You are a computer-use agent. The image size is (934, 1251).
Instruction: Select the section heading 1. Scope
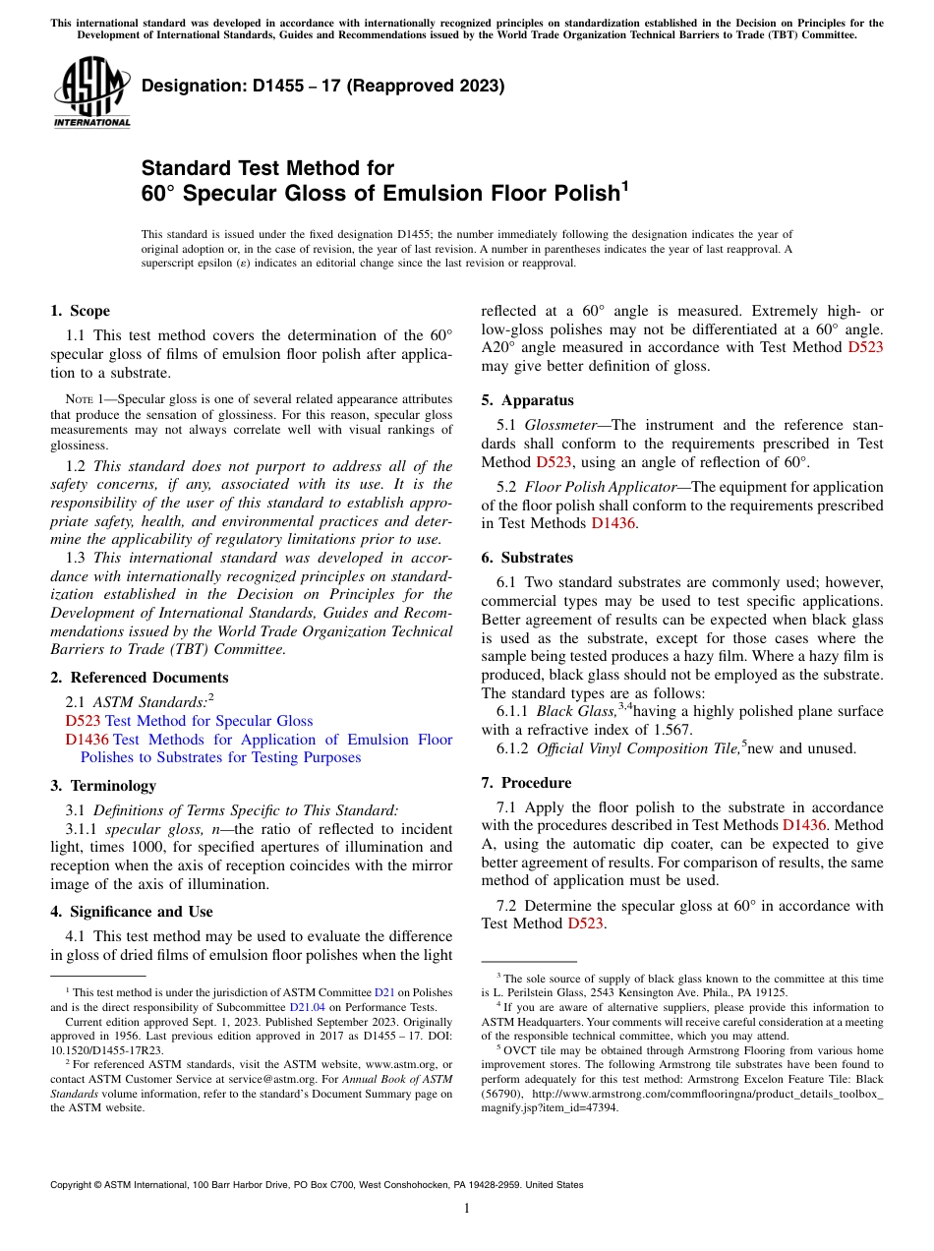click(80, 311)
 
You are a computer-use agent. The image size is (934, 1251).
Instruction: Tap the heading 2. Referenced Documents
click(139, 678)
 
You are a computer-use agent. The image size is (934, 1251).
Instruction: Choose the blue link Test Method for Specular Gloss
click(208, 721)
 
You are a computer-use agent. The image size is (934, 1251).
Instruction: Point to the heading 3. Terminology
click(103, 786)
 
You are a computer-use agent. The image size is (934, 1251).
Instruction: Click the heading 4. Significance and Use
click(131, 912)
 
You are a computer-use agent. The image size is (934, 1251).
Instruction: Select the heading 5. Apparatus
click(527, 400)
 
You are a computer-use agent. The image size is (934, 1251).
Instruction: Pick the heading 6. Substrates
click(527, 558)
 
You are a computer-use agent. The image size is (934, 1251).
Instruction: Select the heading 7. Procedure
click(526, 783)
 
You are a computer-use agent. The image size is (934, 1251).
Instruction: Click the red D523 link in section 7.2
click(585, 923)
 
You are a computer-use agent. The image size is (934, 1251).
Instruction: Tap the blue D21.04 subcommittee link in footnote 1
click(302, 1007)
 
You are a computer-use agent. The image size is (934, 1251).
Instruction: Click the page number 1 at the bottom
click(467, 1209)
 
